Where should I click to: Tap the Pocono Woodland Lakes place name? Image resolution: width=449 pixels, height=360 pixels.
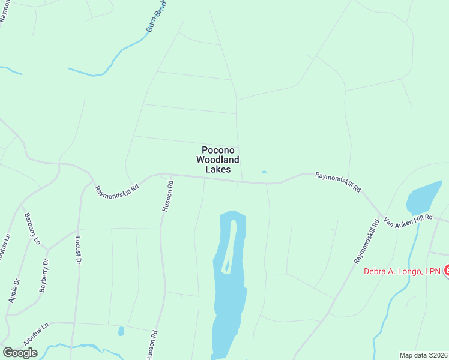click(218, 160)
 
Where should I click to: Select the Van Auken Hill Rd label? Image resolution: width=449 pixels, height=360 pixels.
click(408, 221)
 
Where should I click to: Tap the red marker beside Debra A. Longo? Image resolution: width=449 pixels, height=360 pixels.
click(446, 271)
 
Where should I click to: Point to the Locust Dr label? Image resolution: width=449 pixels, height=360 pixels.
click(77, 250)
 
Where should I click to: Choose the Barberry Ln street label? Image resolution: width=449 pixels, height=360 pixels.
click(32, 229)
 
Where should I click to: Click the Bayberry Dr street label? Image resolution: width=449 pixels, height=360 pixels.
click(43, 275)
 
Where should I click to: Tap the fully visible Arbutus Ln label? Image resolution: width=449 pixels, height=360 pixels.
click(35, 334)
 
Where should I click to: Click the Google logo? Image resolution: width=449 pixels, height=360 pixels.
click(20, 353)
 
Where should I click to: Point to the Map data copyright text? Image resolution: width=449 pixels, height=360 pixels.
click(423, 355)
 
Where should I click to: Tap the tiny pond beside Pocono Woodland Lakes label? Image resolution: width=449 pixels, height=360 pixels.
click(264, 172)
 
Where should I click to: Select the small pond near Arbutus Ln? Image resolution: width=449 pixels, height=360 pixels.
click(121, 331)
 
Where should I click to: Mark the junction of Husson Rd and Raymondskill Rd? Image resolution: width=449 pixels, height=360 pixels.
click(171, 175)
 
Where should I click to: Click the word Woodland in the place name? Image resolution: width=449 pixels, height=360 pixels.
click(218, 160)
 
